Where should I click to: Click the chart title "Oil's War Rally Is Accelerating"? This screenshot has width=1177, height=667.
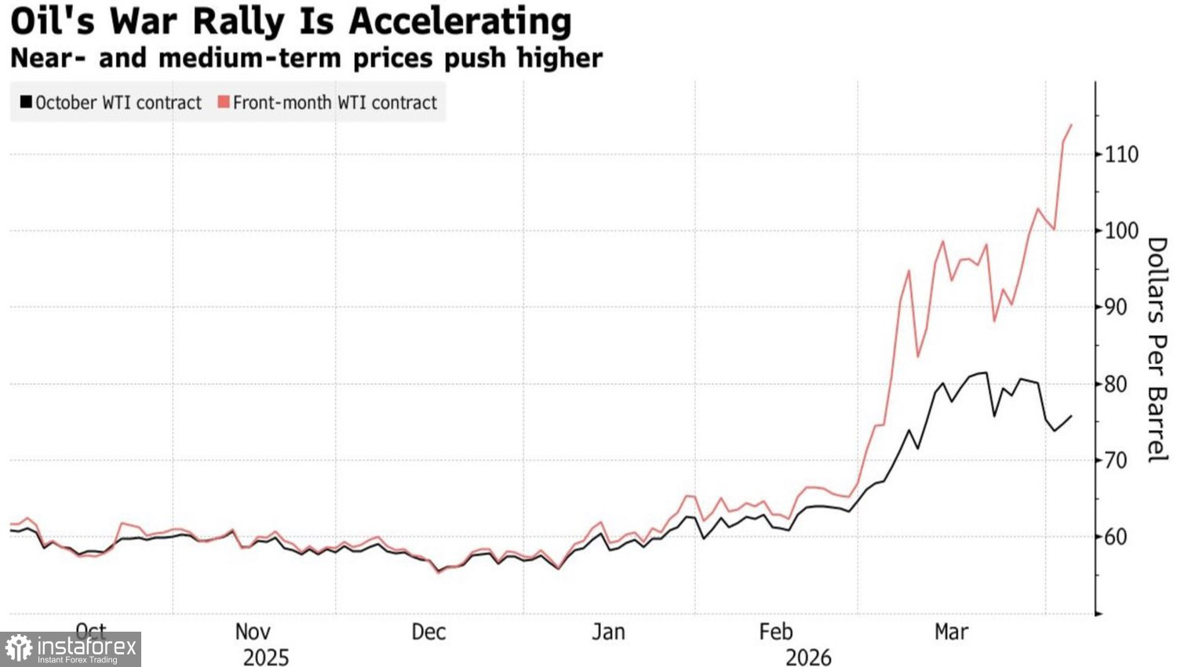point(290,21)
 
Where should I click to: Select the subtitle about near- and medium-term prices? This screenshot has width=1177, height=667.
point(306,58)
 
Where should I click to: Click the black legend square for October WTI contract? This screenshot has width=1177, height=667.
point(26,102)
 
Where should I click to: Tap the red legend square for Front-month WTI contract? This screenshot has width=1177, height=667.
point(224,102)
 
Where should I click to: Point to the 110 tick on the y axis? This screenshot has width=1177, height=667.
point(1121,155)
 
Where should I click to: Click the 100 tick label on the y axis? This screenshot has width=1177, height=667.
point(1121,231)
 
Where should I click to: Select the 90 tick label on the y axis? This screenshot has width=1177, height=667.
point(1121,307)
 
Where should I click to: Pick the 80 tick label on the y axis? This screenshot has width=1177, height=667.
point(1121,384)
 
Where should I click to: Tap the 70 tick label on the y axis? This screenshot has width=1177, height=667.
point(1121,460)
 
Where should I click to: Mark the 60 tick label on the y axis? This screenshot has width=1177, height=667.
point(1121,537)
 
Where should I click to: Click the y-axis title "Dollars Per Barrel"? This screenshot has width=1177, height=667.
point(1157,349)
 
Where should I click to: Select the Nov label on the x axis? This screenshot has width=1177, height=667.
point(253,632)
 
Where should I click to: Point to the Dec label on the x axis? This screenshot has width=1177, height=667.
point(428,632)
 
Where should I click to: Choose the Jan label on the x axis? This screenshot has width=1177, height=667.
point(608,632)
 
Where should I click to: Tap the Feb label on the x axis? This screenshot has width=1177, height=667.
point(776,632)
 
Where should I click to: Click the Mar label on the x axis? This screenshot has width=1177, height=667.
point(951,632)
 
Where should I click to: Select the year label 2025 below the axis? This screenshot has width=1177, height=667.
point(265,657)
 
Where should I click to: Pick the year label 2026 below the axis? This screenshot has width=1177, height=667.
point(808,657)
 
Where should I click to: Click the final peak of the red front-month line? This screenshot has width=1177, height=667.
point(1071,125)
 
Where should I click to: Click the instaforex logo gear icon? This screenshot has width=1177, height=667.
point(19,649)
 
